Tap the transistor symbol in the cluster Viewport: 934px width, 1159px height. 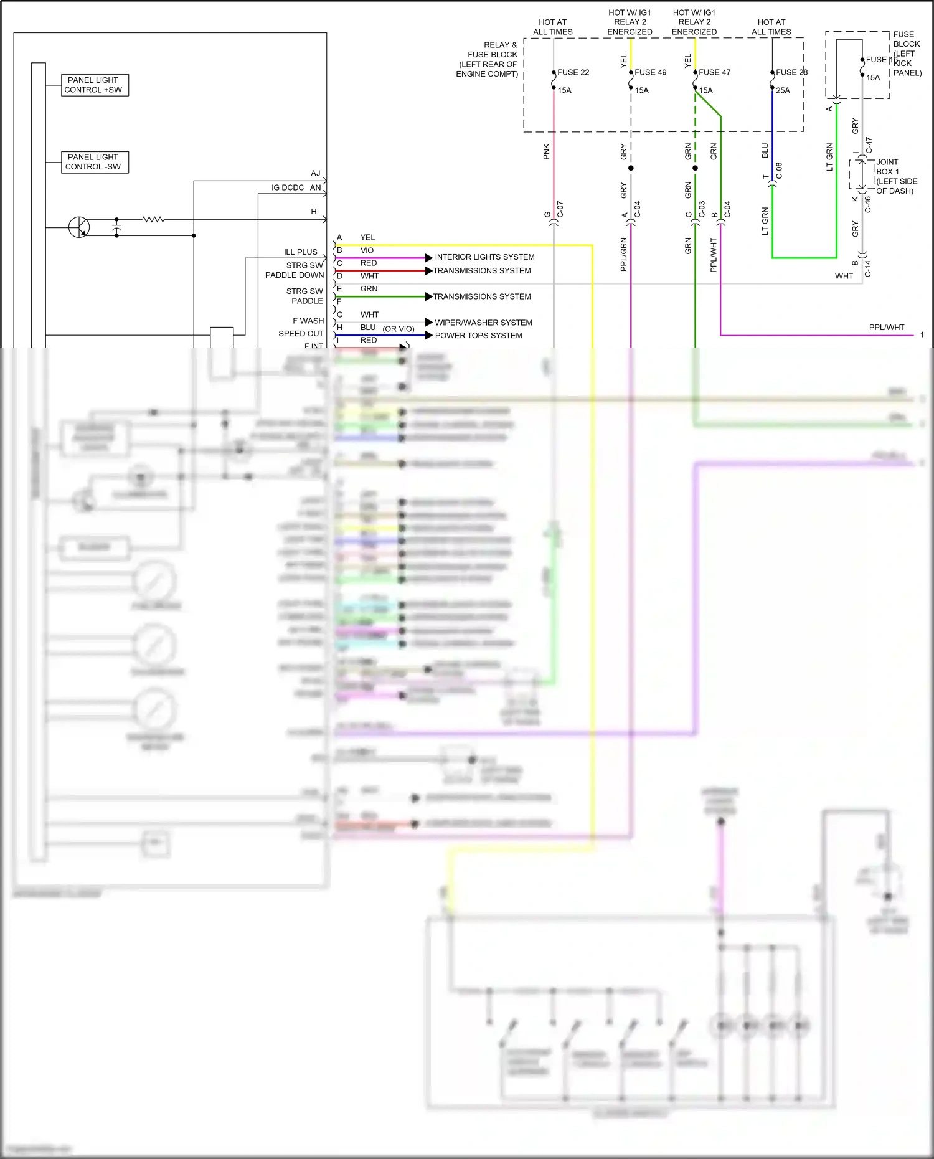pos(79,227)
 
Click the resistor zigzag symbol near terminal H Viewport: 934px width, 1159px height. pos(153,219)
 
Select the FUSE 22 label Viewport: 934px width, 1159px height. pos(573,72)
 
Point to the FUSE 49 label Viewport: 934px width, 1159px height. pos(650,72)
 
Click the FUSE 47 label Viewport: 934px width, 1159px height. pos(714,72)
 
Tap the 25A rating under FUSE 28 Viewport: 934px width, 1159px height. pos(783,90)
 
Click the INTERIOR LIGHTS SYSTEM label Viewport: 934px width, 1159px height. pos(484,257)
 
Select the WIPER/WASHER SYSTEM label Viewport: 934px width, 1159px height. pos(483,323)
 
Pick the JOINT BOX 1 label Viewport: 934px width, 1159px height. pos(887,167)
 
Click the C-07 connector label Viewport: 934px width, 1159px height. pos(560,209)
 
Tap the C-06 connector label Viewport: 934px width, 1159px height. pos(778,171)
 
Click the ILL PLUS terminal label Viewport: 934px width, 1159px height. pos(300,252)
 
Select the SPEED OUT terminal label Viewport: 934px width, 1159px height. pos(301,333)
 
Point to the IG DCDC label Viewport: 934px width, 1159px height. pos(288,187)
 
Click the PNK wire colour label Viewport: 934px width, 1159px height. pos(546,151)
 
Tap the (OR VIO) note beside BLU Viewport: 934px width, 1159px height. pos(399,329)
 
